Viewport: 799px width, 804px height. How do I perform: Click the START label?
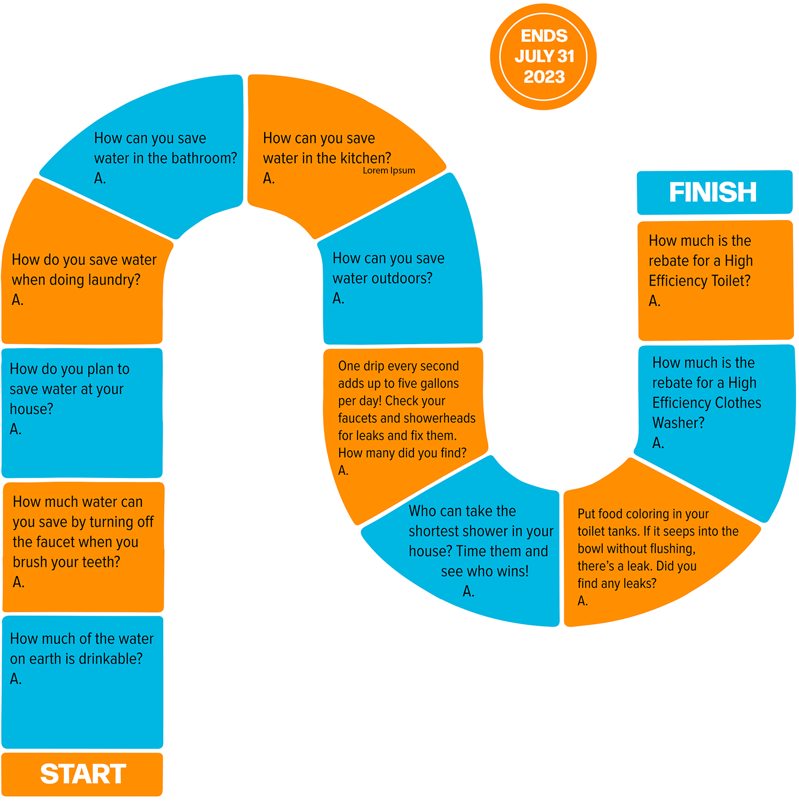coord(83,774)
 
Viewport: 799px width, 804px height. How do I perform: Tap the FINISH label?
coord(713,192)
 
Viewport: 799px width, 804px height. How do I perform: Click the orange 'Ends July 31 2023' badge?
coord(543,56)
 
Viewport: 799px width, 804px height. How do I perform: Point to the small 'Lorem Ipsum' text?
coord(389,170)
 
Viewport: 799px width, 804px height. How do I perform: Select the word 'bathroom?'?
coord(208,158)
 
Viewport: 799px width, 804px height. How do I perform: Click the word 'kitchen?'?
coord(366,158)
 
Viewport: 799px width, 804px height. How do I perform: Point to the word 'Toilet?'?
coord(731,281)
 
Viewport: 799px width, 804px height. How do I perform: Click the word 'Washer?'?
coord(678,423)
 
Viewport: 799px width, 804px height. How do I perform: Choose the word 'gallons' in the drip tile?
coord(439,384)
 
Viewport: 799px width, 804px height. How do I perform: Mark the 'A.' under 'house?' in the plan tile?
coord(16,429)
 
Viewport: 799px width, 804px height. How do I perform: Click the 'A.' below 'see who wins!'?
coord(468,591)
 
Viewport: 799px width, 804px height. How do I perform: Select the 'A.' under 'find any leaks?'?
coord(583,601)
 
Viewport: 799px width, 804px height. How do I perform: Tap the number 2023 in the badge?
coord(544,77)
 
